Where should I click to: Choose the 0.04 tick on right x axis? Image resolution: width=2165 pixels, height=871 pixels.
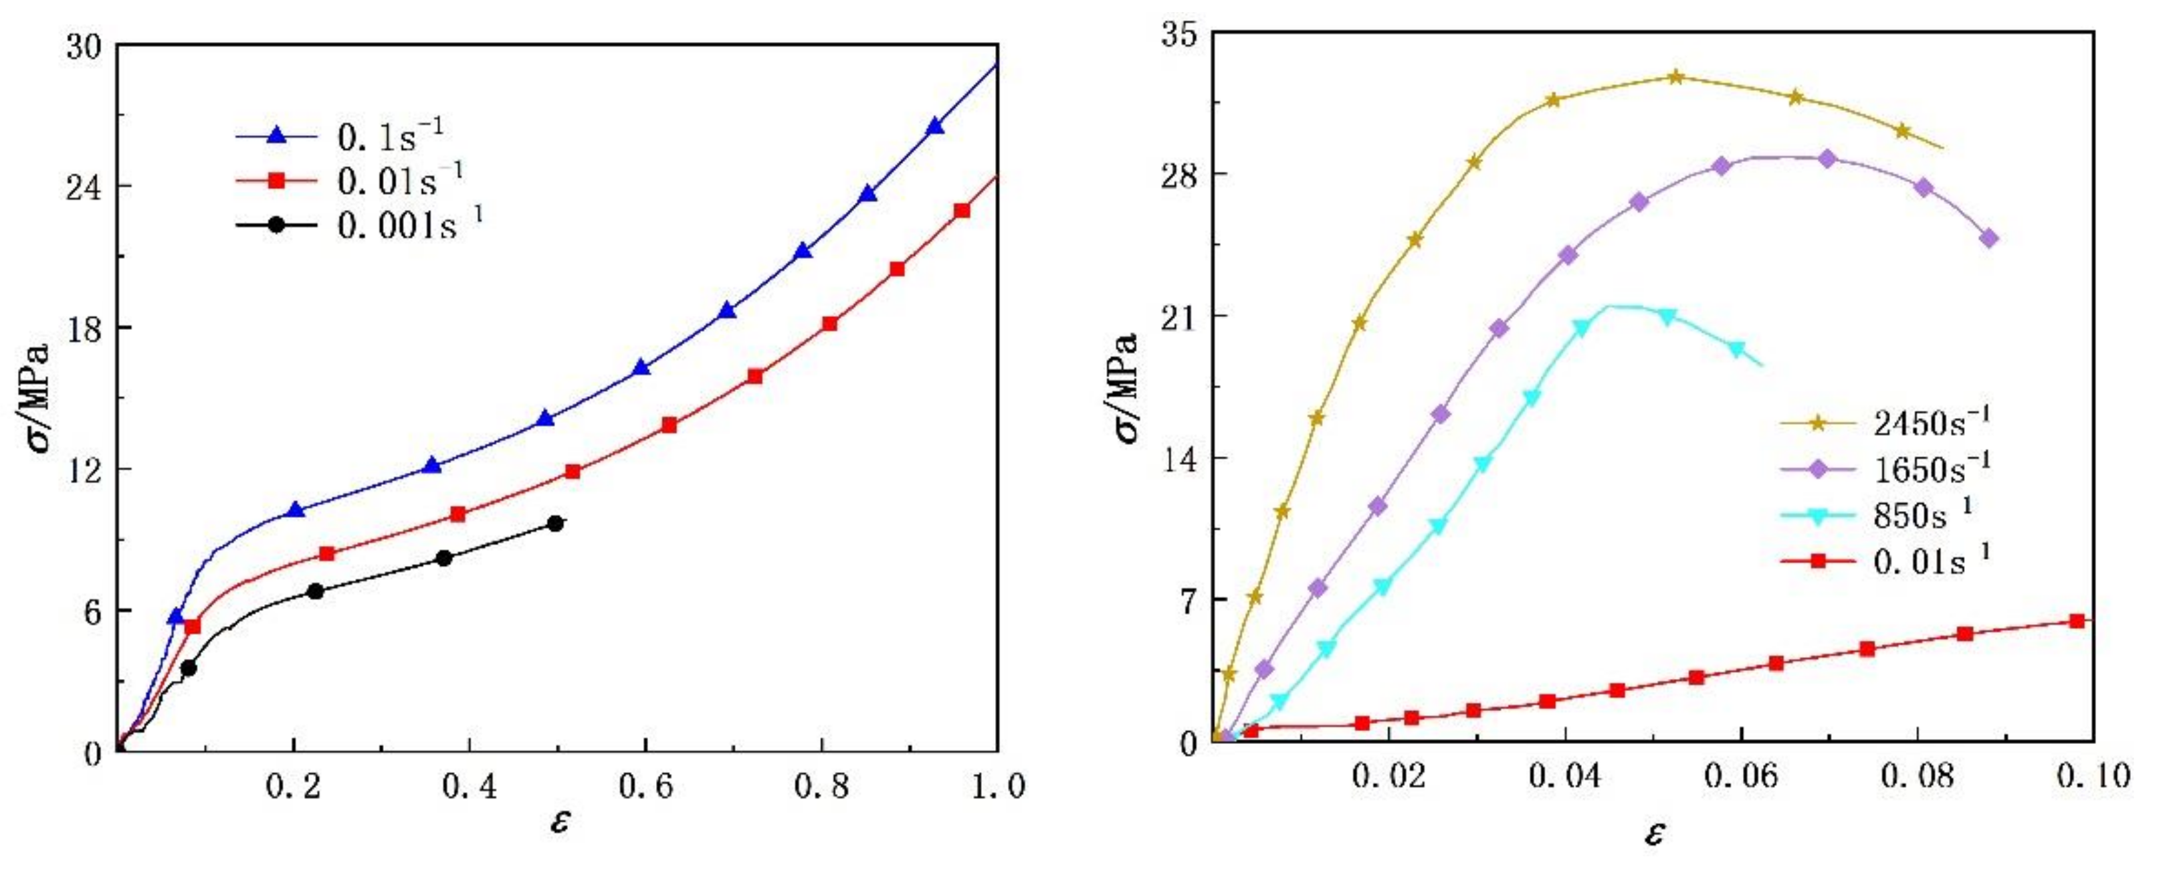coord(1565,776)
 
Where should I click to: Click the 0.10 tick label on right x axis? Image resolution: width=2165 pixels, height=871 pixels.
coord(2093,776)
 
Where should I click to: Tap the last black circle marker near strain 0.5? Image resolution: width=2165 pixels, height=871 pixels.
coord(554,524)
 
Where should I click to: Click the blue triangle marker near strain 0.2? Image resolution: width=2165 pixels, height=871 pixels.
coord(295,510)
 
